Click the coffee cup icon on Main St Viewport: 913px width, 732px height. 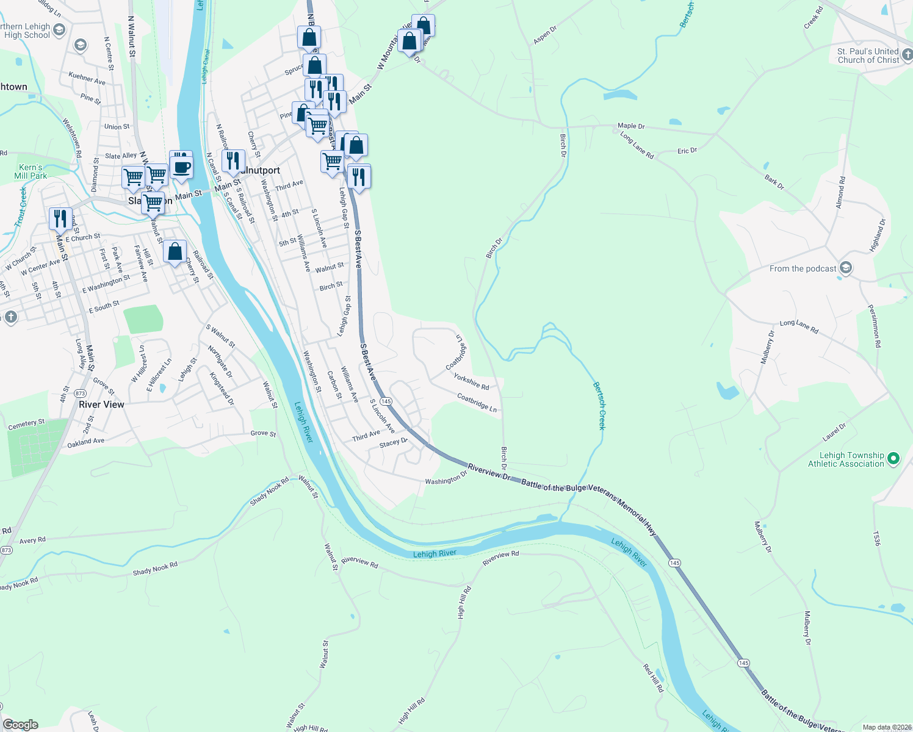[181, 167]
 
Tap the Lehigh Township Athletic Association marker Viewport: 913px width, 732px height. [893, 458]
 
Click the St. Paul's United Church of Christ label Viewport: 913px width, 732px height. [868, 56]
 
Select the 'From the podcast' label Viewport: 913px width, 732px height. [803, 268]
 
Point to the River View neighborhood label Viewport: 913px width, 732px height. [101, 404]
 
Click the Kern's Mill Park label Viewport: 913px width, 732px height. [31, 171]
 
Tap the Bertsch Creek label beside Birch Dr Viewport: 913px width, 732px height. [600, 406]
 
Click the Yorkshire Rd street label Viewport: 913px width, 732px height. [471, 382]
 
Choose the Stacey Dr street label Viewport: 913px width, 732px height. [393, 443]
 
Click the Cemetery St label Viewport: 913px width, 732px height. [26, 424]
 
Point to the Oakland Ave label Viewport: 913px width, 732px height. [85, 442]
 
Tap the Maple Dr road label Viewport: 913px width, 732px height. [631, 126]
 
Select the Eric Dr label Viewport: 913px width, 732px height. [687, 150]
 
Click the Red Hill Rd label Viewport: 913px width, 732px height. [653, 678]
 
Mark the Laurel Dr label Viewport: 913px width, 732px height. [834, 432]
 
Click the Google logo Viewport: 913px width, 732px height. [21, 725]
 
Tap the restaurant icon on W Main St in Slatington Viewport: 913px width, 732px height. [60, 218]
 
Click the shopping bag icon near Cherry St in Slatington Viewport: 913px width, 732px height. [175, 251]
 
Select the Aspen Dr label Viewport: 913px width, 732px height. [545, 34]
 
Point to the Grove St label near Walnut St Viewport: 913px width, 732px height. [263, 433]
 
